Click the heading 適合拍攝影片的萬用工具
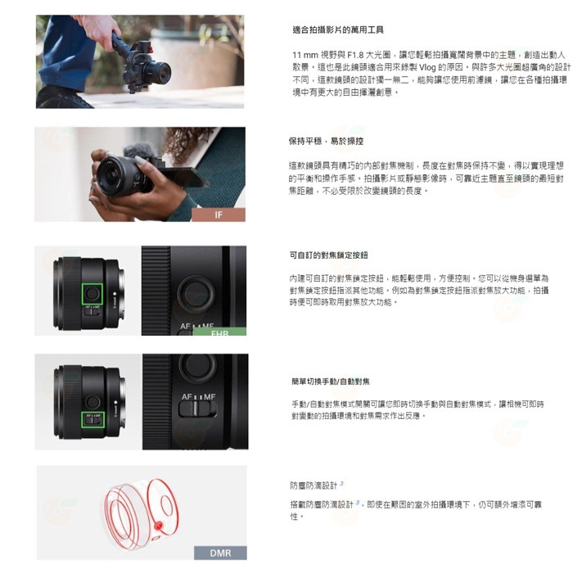coord(336,29)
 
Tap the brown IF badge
coord(218,215)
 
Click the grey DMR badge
coord(220,553)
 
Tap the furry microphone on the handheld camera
coord(138,151)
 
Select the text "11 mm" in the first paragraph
coord(304,53)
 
